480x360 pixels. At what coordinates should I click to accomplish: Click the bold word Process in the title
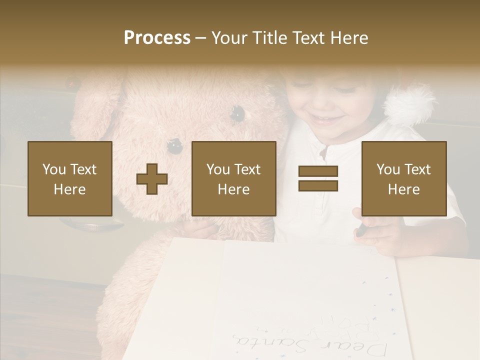coord(157,38)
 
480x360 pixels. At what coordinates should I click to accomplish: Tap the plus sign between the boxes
coord(152,179)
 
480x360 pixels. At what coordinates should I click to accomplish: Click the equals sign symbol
coord(318,178)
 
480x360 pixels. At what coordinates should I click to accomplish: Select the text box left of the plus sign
coord(70,178)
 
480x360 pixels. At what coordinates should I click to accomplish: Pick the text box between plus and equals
coord(233,178)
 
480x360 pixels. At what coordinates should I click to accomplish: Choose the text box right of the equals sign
coord(403,178)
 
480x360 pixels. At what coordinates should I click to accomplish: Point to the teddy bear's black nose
coord(174,145)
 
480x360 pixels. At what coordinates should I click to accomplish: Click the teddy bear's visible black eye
coord(237,114)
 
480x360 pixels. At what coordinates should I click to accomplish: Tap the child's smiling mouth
coord(328,120)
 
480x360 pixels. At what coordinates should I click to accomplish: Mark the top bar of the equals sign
coord(318,171)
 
